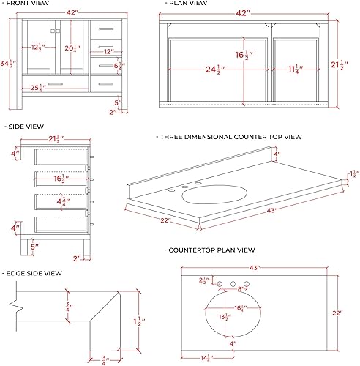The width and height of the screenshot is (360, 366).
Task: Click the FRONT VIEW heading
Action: pos(29,4)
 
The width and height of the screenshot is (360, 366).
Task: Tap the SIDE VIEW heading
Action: pos(25,126)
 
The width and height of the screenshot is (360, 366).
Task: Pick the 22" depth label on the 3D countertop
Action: pos(166,220)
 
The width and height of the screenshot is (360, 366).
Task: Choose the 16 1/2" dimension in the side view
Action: pos(63,178)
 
